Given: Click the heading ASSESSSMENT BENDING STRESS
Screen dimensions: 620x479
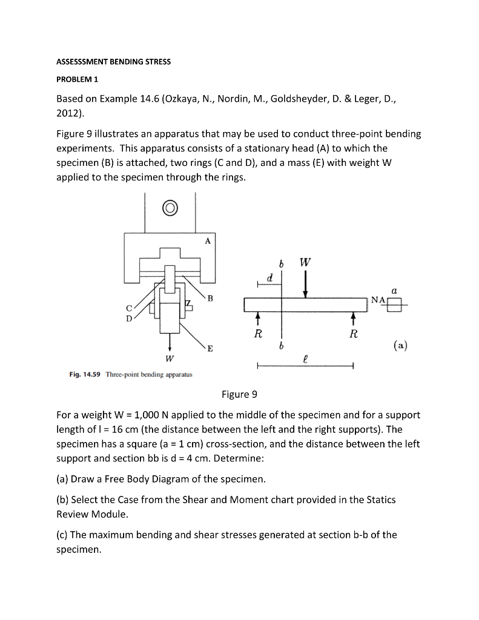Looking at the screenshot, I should tap(113, 62).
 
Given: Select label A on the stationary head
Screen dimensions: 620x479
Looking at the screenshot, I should tap(208, 240).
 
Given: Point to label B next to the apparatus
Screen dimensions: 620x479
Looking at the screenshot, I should tap(210, 298).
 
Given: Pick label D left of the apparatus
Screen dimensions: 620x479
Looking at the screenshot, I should tap(129, 318).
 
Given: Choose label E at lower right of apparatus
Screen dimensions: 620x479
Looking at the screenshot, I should tap(210, 349).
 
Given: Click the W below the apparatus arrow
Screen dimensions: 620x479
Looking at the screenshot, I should tap(170, 358).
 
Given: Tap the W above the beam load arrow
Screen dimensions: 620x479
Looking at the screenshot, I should tap(305, 263).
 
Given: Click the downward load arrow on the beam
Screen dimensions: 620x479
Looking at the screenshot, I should tap(305, 283).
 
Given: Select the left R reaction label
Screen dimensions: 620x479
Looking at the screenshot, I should tap(258, 334).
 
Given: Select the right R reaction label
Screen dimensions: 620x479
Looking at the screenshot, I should tap(353, 334).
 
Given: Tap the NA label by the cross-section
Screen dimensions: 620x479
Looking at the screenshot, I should tap(378, 300).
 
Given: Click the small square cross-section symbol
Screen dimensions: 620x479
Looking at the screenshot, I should tap(394, 306).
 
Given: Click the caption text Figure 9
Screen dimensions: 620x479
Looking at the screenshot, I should tap(239, 395).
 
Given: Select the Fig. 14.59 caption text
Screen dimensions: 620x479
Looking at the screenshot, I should tap(131, 374).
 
